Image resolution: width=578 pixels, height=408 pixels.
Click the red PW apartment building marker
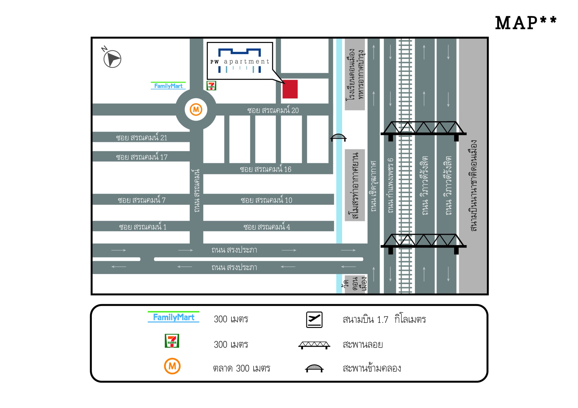tap(290, 89)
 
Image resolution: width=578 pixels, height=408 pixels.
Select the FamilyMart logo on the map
tap(168, 86)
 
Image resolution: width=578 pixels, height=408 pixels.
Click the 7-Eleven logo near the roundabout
tap(211, 86)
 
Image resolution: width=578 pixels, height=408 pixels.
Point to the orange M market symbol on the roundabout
tap(196, 110)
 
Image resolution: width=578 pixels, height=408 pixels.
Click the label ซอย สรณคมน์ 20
tap(273, 110)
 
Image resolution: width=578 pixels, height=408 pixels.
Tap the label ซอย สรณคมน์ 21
tap(142, 137)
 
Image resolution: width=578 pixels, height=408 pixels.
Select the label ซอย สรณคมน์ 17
tap(142, 157)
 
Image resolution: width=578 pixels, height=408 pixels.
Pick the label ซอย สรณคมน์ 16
tap(265, 169)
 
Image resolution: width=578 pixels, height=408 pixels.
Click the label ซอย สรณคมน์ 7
tap(142, 200)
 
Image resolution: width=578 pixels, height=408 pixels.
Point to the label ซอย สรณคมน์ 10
tap(266, 200)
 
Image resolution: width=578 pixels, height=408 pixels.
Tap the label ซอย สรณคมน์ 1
tap(143, 227)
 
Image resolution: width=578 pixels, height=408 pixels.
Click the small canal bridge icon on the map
tap(338, 137)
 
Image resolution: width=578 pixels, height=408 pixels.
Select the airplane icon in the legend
tap(314, 320)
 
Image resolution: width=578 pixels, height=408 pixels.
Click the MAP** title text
tap(526, 23)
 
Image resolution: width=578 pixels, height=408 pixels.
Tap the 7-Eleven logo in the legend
tap(172, 341)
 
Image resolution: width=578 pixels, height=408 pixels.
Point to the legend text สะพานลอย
tap(362, 344)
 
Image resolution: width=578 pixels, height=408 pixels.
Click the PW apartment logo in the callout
tap(240, 61)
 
